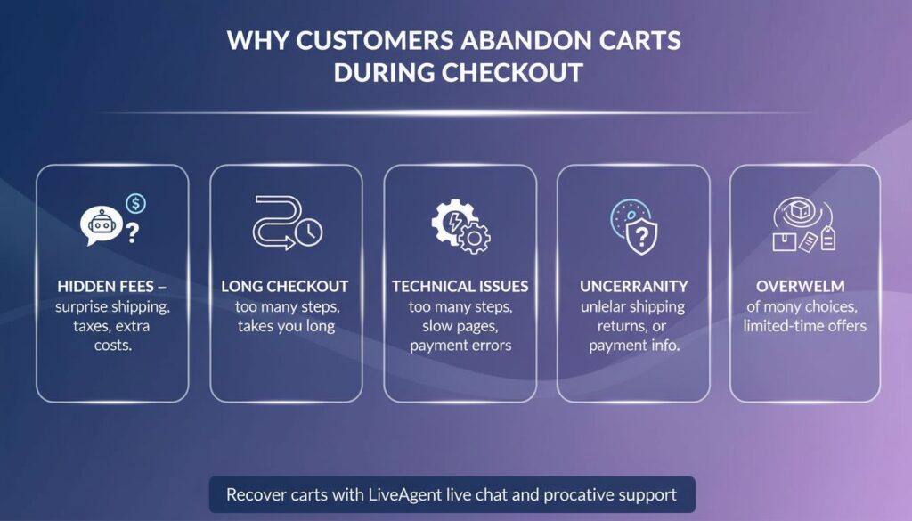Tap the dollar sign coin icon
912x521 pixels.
click(136, 204)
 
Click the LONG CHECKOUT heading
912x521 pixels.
click(285, 287)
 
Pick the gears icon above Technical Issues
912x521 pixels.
click(460, 226)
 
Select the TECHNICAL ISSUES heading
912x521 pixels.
click(460, 287)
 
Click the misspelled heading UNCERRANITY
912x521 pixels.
click(632, 287)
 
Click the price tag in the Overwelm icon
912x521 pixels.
click(828, 239)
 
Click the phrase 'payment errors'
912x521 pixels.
click(460, 346)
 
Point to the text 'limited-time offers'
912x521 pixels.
click(804, 326)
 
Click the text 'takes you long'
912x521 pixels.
click(286, 326)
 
